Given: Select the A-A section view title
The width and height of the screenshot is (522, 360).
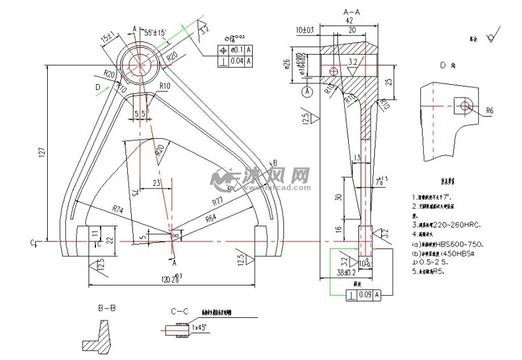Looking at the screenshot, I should tap(351, 12).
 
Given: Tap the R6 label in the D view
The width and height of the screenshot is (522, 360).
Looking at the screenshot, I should tap(490, 110).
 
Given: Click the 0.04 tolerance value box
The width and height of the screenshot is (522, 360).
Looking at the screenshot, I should tap(234, 61).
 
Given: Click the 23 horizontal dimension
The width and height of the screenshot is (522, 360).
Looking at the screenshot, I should tap(156, 183).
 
